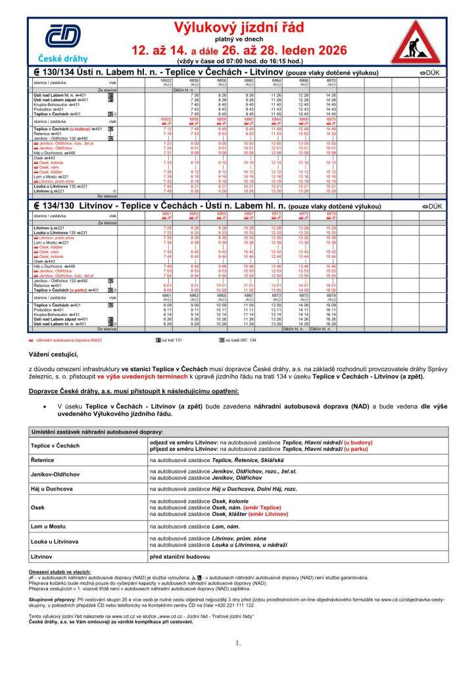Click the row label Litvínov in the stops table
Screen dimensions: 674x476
coord(42,557)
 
